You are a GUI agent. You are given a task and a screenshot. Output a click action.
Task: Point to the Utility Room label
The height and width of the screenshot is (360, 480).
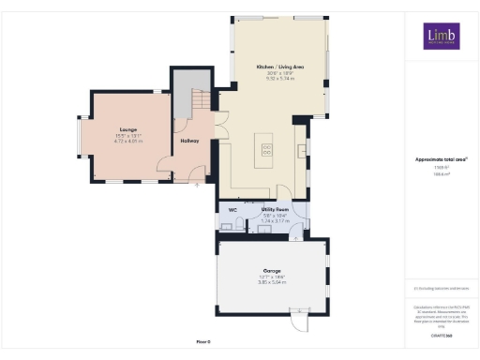275,210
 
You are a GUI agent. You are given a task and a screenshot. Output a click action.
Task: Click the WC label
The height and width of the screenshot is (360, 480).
232,210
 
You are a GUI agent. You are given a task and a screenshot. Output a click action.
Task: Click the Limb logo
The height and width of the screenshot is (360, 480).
440,36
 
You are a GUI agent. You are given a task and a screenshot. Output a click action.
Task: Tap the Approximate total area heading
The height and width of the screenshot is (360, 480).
442,159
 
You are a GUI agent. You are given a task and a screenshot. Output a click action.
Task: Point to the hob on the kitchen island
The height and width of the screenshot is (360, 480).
266,149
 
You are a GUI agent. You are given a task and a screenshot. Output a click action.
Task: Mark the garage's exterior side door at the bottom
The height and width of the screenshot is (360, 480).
298,322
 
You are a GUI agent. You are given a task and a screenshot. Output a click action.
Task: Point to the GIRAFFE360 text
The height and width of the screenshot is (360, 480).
442,333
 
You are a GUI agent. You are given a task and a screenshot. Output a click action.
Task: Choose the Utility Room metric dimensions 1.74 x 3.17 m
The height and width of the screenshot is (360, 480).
274,221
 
